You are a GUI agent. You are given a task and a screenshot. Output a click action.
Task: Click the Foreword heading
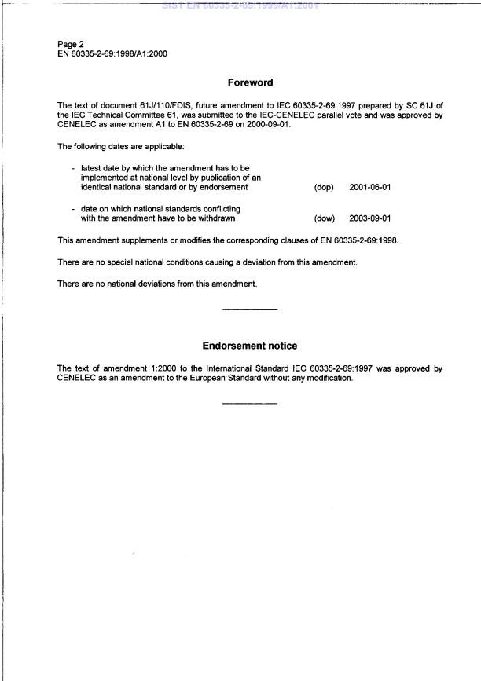point(250,82)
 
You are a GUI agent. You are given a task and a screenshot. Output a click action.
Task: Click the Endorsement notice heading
point(250,346)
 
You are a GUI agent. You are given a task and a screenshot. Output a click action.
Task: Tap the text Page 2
point(71,44)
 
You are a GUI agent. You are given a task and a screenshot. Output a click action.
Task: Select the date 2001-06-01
point(369,187)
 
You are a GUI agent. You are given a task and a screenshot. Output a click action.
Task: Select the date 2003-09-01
point(369,218)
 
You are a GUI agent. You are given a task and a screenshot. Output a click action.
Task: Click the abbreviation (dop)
point(324,187)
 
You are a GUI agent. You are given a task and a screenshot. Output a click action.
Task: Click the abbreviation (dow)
point(325,218)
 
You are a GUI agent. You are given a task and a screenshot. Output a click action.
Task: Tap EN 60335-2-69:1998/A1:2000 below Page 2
point(112,54)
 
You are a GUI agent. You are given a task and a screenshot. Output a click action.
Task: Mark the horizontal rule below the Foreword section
point(250,309)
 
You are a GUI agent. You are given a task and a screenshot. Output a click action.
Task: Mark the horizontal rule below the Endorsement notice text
point(250,404)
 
